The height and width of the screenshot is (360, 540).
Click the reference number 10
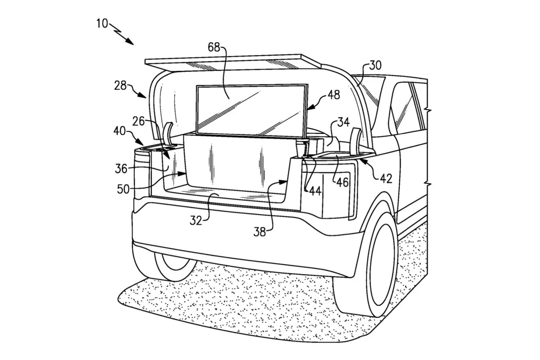click(102, 24)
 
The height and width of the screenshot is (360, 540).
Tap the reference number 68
click(214, 47)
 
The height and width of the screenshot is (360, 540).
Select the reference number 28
click(120, 86)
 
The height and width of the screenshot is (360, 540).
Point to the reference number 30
click(375, 65)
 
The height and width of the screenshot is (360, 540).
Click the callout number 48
click(334, 95)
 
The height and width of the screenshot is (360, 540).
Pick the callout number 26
click(138, 121)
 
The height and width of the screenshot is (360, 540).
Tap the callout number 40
click(119, 131)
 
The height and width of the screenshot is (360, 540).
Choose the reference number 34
click(343, 122)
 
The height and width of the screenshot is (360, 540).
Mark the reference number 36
click(121, 169)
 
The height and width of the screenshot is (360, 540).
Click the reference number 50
click(123, 189)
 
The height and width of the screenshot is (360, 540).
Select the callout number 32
click(195, 220)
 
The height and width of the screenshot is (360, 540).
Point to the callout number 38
click(259, 232)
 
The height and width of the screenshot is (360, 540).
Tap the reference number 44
click(315, 191)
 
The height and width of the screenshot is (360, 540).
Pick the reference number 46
click(343, 183)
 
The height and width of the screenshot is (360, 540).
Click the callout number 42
click(386, 179)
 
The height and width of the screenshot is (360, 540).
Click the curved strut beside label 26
click(168, 134)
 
